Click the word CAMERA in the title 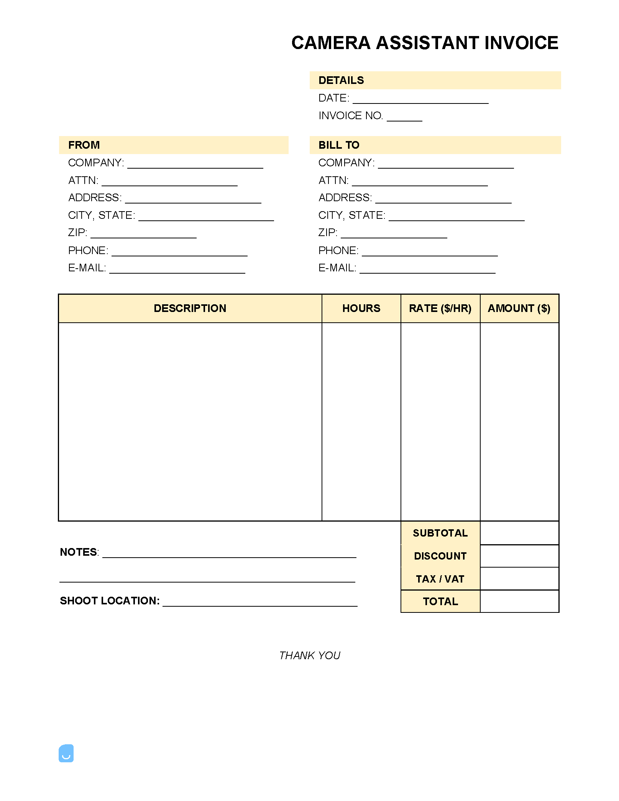(331, 43)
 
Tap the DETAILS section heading (341, 80)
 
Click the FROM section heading (84, 145)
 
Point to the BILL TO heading (339, 145)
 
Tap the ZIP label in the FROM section (78, 233)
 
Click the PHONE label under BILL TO (338, 251)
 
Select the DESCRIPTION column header (190, 309)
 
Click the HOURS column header (361, 309)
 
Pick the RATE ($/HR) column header (440, 309)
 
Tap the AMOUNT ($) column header (519, 309)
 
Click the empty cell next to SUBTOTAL (519, 533)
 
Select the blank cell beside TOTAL (519, 601)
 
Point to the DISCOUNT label (440, 556)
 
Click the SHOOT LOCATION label (110, 601)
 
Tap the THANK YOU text (309, 656)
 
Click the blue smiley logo (66, 753)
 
